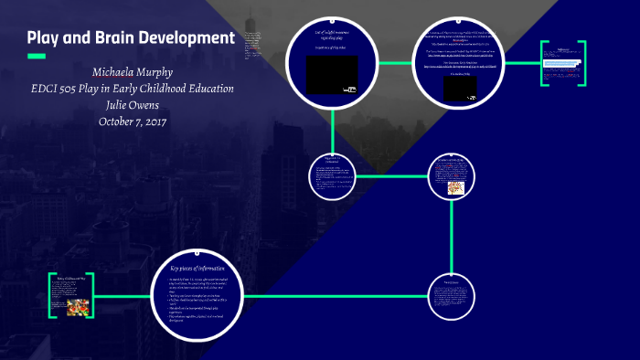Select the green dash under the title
37,57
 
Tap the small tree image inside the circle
454,187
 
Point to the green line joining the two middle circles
390,175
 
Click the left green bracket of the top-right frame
542,63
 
